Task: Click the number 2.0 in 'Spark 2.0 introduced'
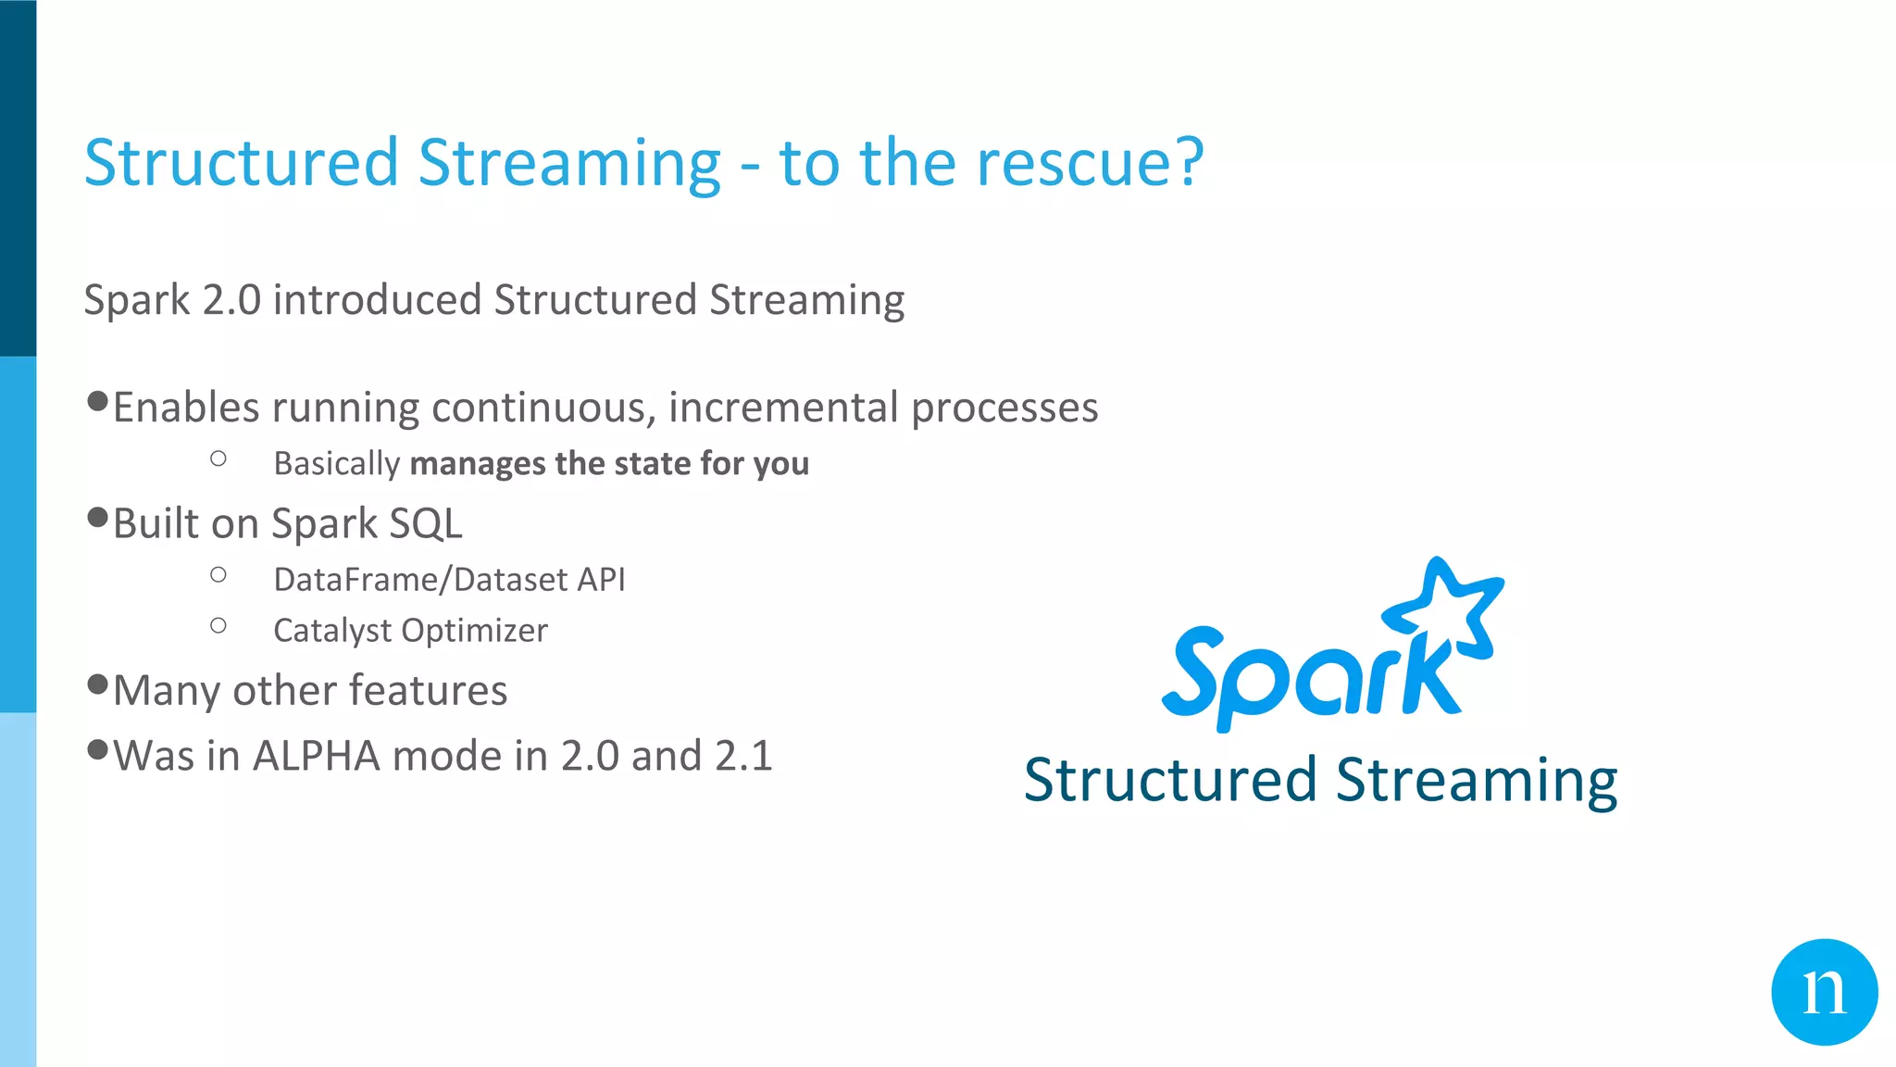click(231, 300)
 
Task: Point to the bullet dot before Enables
click(97, 401)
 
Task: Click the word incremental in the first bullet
click(783, 408)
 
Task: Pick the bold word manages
click(478, 463)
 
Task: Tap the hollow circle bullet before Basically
click(218, 458)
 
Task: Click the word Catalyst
click(332, 631)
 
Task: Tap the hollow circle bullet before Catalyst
click(218, 626)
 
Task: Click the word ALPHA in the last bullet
click(316, 756)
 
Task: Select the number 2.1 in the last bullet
click(743, 756)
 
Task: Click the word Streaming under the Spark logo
click(1477, 781)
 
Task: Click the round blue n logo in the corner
click(1824, 992)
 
